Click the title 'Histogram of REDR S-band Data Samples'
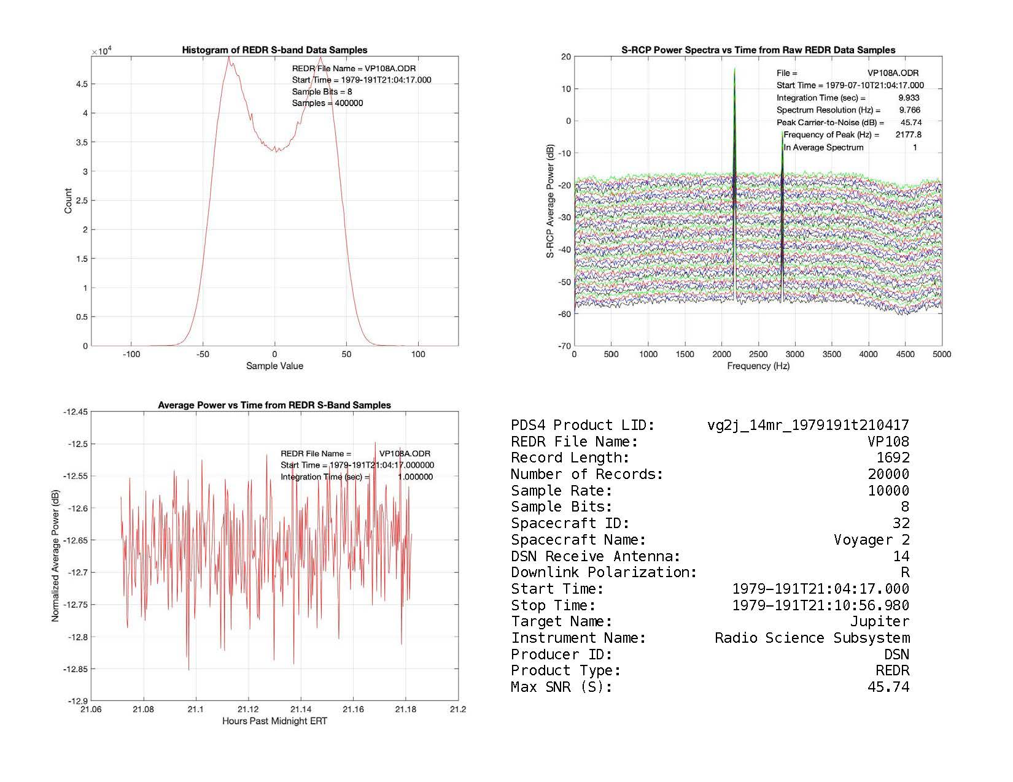274,50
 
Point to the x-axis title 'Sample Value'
274,366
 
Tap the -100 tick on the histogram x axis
131,355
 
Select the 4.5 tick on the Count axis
81,84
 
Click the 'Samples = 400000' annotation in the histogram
327,103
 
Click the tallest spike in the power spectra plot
734,71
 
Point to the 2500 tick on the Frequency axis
758,355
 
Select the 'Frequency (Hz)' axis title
758,366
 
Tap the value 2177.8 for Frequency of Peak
908,134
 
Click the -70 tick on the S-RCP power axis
564,346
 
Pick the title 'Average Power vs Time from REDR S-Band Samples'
274,405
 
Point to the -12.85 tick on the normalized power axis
76,669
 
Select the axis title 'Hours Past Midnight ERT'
274,721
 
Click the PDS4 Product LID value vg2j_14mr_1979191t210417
808,425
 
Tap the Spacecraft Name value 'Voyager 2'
871,540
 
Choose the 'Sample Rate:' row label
561,491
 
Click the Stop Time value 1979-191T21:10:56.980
820,605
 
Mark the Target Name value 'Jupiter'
879,621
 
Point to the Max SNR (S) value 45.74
888,687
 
